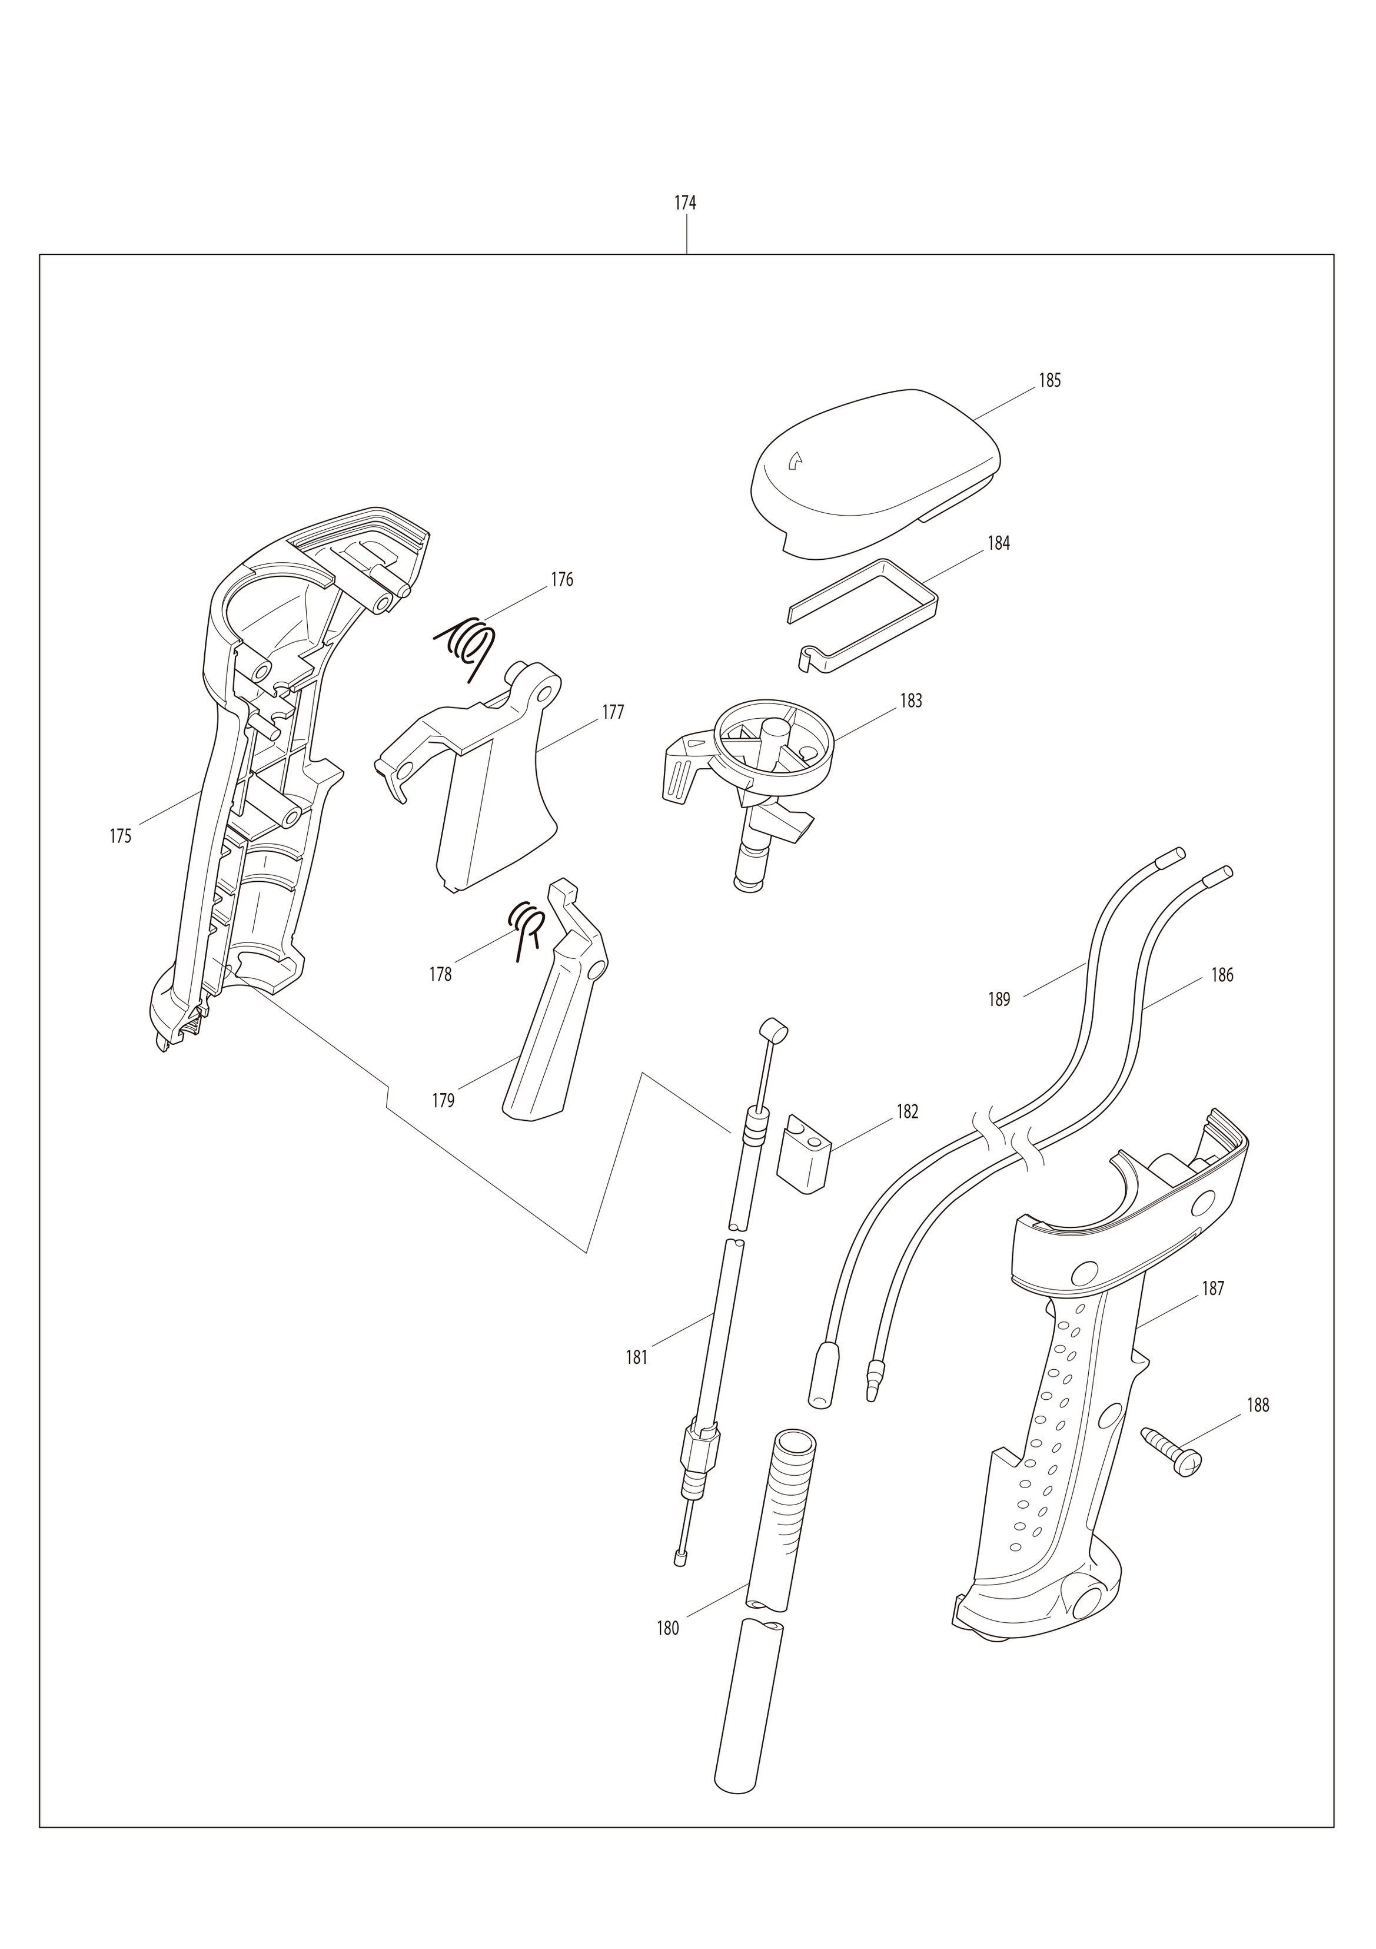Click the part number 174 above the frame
(x=685, y=203)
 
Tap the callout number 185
(x=1050, y=380)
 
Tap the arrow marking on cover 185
(x=795, y=461)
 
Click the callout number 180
(x=668, y=1629)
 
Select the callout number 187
(x=1213, y=1289)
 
